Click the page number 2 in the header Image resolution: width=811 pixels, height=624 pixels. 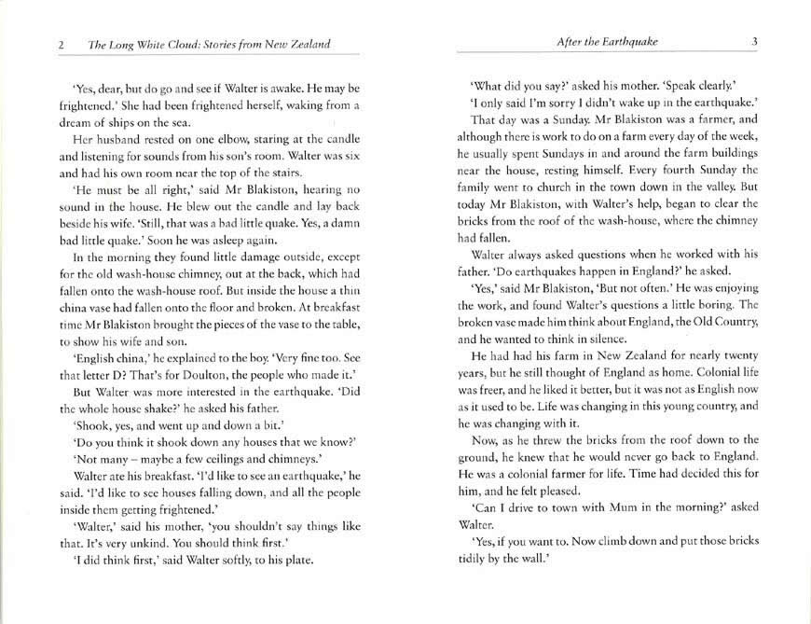click(x=34, y=44)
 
